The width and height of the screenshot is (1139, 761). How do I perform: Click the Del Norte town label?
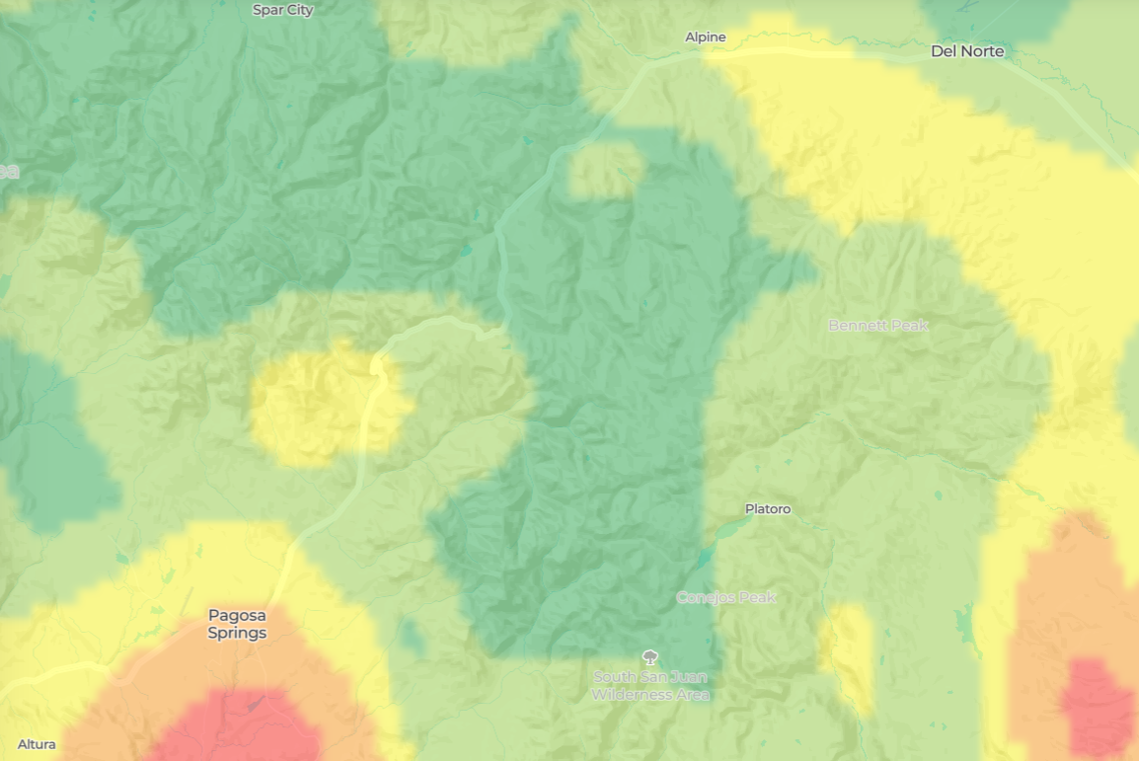(966, 51)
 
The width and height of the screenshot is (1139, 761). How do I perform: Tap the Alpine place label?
(706, 38)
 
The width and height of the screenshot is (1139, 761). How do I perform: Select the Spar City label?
(282, 10)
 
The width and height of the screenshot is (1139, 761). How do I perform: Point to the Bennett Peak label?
(877, 325)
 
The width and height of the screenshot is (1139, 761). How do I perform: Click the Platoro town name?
(767, 509)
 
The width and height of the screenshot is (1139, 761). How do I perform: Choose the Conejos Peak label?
(725, 597)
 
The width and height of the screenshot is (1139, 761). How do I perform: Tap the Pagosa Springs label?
(237, 624)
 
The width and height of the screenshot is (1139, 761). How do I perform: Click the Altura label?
(37, 744)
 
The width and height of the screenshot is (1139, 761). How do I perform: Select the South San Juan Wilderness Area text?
(650, 685)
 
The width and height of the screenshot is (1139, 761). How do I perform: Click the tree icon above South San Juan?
(649, 656)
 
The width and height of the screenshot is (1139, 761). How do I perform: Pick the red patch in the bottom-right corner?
(1098, 706)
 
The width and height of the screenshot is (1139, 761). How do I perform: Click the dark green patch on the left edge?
(49, 444)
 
